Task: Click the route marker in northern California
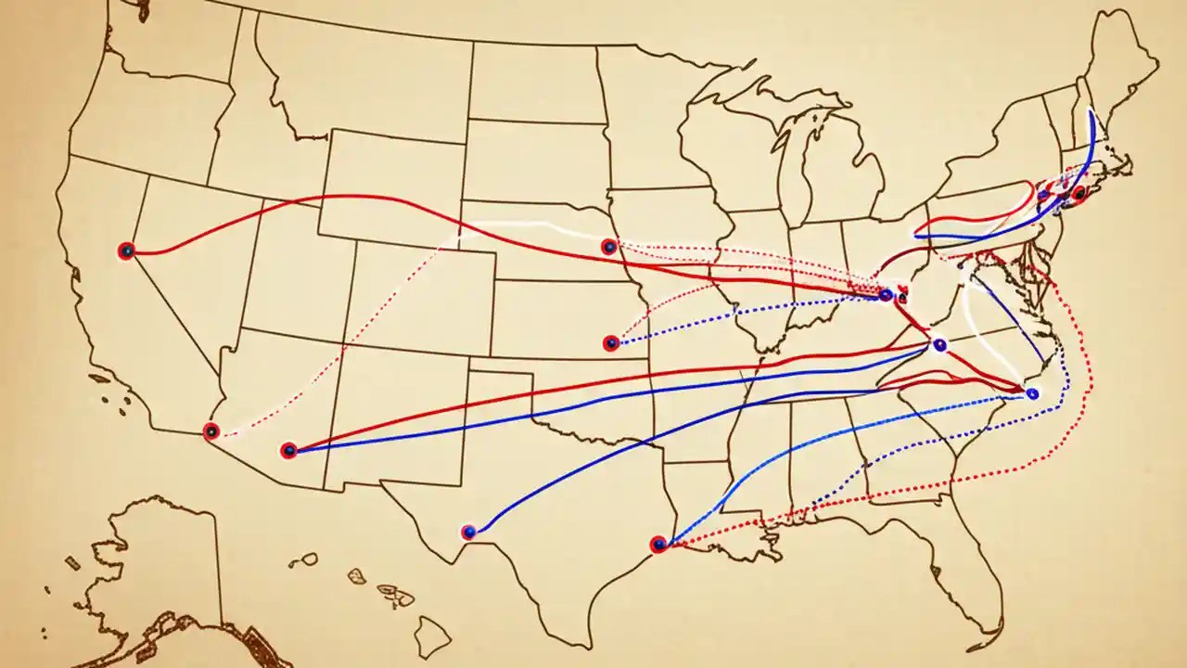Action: click(126, 250)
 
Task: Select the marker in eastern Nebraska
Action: click(608, 247)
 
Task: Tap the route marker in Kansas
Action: click(610, 343)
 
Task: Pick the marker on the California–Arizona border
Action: click(211, 431)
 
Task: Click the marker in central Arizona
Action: click(288, 451)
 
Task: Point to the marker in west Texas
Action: click(468, 532)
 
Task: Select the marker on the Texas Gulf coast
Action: click(658, 545)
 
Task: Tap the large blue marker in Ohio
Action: click(886, 295)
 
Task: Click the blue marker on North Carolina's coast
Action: click(1032, 393)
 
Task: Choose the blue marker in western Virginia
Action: click(939, 345)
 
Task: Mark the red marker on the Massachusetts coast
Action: click(1079, 194)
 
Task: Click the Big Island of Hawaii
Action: click(432, 636)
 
